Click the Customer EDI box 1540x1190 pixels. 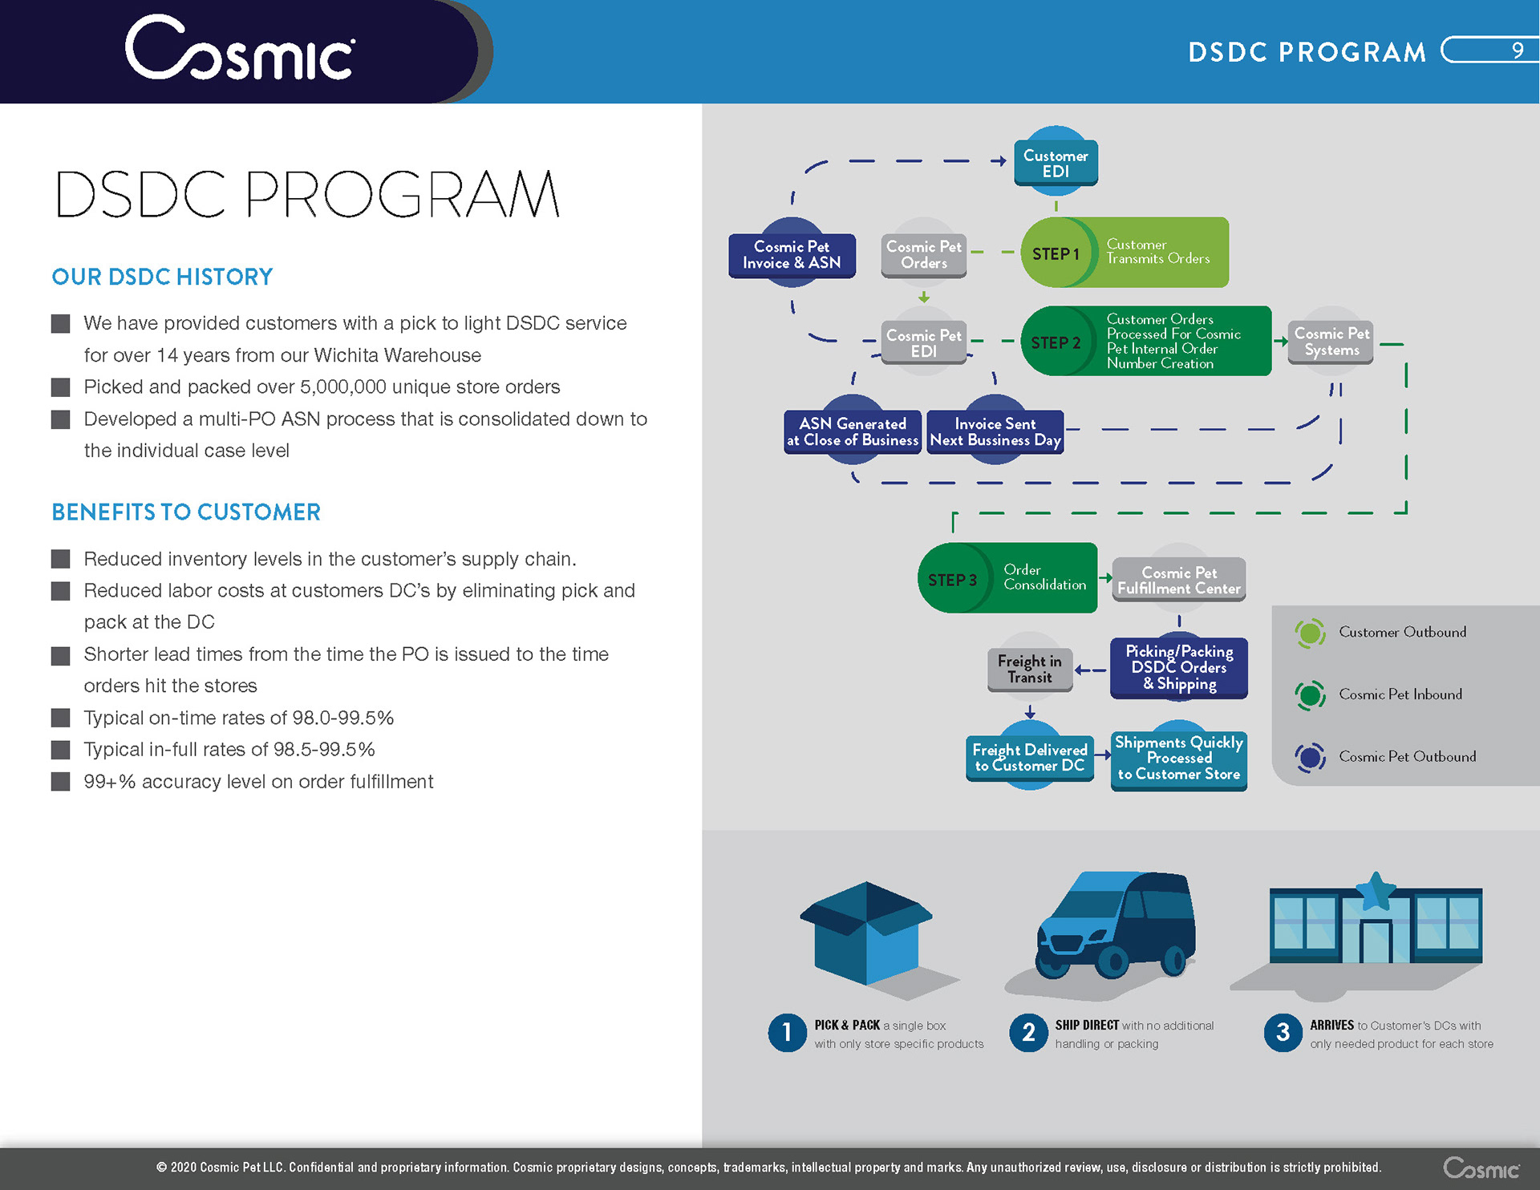tap(1056, 164)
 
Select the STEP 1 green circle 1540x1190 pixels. tap(1056, 253)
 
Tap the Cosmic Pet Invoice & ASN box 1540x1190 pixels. tap(792, 255)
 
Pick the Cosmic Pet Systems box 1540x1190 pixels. tap(1331, 342)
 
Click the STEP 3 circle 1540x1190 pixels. tap(953, 579)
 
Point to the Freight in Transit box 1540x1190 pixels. tap(1029, 669)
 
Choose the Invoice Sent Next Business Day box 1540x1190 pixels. tap(995, 431)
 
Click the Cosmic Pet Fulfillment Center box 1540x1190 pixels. tap(1178, 580)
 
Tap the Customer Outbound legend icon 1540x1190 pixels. tap(1310, 633)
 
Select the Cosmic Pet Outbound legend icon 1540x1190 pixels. tap(1310, 757)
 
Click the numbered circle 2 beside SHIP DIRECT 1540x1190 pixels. tap(1028, 1033)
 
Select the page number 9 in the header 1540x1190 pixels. tap(1517, 51)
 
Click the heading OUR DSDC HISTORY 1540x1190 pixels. tap(162, 277)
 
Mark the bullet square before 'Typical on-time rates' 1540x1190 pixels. tap(60, 718)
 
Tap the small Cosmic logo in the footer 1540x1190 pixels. tap(1481, 1168)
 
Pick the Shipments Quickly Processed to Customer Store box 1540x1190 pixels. tap(1178, 759)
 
